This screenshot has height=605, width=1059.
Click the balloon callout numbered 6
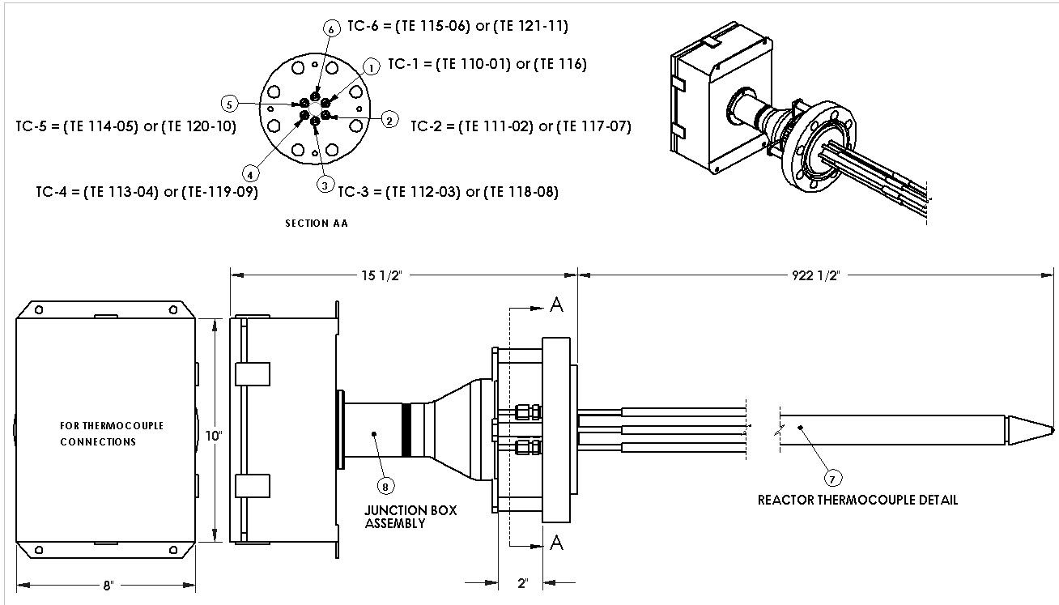pyautogui.click(x=330, y=28)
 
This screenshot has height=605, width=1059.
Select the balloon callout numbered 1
pyautogui.click(x=369, y=67)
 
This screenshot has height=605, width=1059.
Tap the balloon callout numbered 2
pyautogui.click(x=389, y=121)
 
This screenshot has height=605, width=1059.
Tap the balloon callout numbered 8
pyautogui.click(x=385, y=485)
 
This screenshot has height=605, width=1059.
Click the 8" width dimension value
pyautogui.click(x=107, y=585)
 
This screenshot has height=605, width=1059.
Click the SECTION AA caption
pyautogui.click(x=317, y=224)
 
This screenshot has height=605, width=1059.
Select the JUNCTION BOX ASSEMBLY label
pyautogui.click(x=410, y=517)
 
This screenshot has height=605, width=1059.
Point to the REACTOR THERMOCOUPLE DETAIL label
pyautogui.click(x=857, y=500)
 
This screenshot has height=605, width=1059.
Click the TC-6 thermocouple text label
pyautogui.click(x=457, y=26)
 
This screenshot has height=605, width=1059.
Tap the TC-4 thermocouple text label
pyautogui.click(x=152, y=192)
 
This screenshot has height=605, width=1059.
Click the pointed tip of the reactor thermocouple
pyautogui.click(x=1051, y=429)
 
